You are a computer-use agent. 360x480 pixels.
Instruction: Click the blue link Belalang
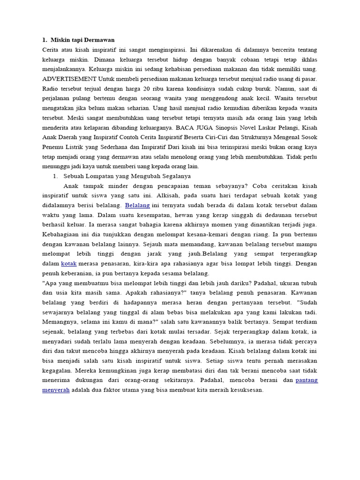coord(137,205)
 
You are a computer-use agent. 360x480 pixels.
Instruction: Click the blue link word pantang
coord(307,380)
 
